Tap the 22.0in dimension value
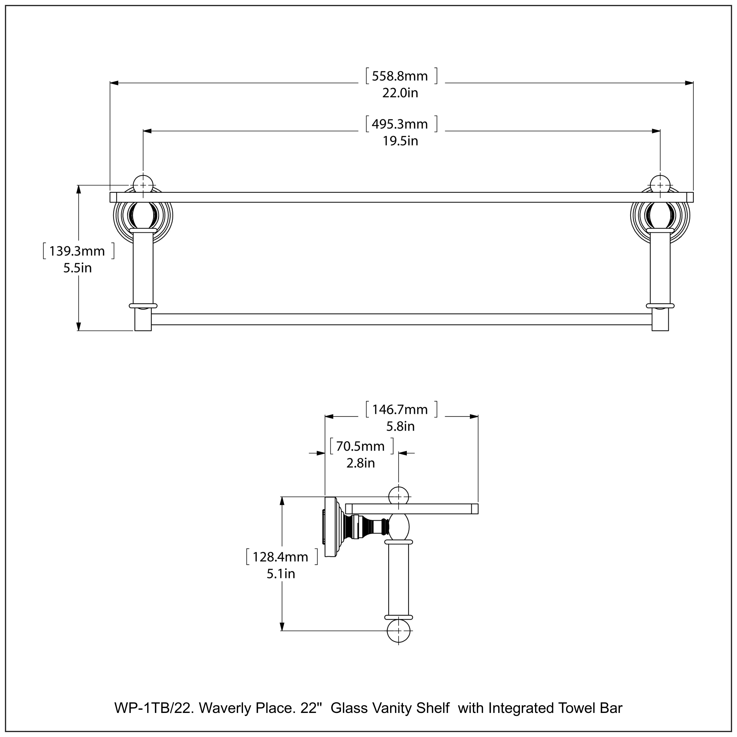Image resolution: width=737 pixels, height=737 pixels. click(x=400, y=93)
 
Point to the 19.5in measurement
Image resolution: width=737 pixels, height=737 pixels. click(x=400, y=141)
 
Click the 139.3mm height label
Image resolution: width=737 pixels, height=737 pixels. click(x=77, y=251)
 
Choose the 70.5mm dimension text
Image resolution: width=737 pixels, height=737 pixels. click(x=360, y=446)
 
